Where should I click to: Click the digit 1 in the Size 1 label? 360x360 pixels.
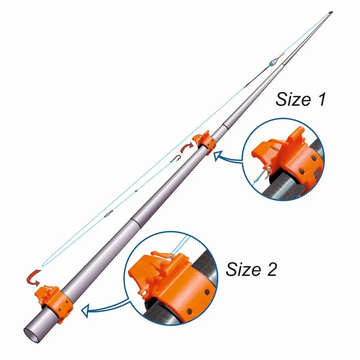coord(321,99)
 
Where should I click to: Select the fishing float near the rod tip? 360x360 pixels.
coord(274,62)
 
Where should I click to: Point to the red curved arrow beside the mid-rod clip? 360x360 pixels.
coord(186,148)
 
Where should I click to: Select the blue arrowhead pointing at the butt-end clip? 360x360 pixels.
coord(85,310)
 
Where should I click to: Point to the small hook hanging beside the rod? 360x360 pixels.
coord(176,158)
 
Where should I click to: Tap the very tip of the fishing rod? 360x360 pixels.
coord(331,12)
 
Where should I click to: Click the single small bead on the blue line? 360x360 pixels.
coord(136,191)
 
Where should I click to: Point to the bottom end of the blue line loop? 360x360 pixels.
coord(42,266)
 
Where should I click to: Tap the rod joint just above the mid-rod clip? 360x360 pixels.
coord(224,126)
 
